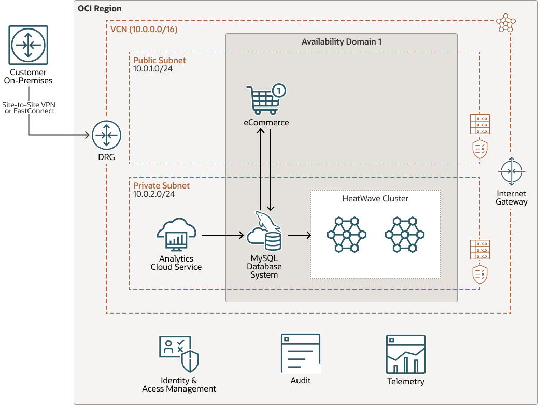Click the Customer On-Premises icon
pos(28,45)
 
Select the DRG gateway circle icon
pos(106,135)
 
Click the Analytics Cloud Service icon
pos(176,234)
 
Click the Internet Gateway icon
pos(511,171)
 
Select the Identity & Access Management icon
pos(179,354)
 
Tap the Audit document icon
pos(301,354)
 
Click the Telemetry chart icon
pos(406,354)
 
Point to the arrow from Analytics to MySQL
pos(223,235)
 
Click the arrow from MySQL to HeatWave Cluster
pos(299,235)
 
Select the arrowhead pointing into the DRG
pos(88,135)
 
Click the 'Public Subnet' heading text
pos(160,61)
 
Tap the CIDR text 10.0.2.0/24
pos(154,194)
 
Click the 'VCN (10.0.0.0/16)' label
pos(144,29)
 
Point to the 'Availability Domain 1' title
pos(342,42)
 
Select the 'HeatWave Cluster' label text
pos(375,199)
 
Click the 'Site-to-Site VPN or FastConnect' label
pos(29,108)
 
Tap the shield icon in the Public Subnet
pos(480,149)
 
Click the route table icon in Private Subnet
pos(480,250)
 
